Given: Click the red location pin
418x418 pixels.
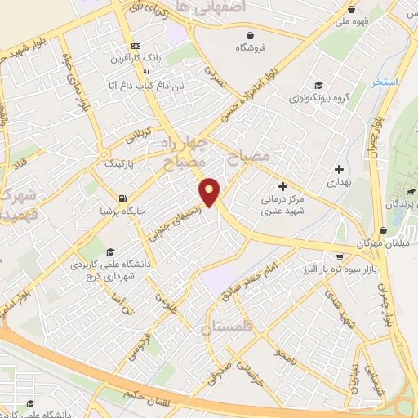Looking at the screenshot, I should pos(210,191).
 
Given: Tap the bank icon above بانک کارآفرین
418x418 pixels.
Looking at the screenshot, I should pos(136,46).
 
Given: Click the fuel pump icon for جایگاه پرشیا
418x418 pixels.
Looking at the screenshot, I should pos(122,198).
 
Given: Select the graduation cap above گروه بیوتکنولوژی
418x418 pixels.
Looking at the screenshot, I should pos(317,84).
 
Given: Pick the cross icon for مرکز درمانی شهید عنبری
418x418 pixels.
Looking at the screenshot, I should pos(283,185).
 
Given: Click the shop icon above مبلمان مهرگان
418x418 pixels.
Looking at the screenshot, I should pos(384,231).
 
